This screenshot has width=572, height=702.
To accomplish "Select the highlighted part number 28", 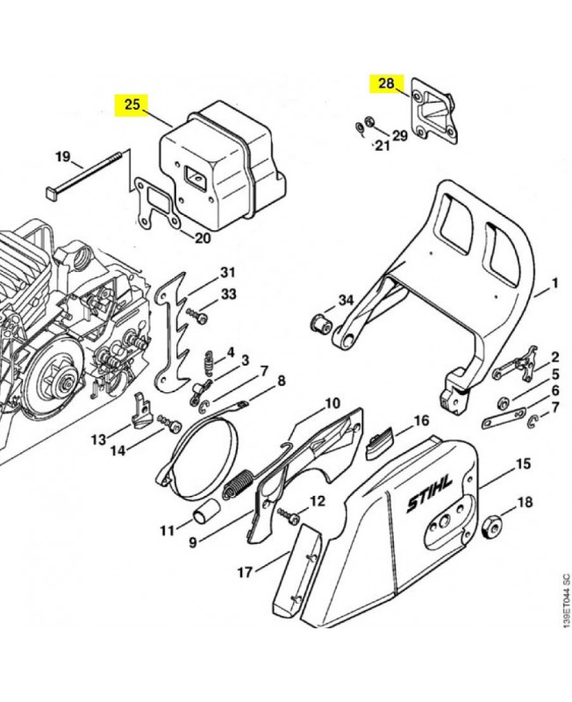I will (x=386, y=85).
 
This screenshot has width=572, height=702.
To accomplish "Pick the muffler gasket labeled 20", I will (x=154, y=202).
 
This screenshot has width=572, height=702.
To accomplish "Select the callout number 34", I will (x=346, y=301).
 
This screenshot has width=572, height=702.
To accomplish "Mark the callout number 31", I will (x=228, y=270).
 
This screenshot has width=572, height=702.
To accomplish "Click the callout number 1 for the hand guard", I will (x=554, y=283).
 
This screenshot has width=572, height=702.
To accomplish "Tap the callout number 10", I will (x=332, y=404).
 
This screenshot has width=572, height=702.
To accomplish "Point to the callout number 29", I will (x=399, y=136).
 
